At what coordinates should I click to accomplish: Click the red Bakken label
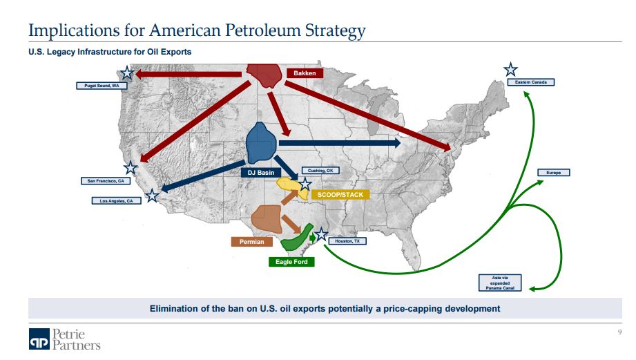pyautogui.click(x=305, y=73)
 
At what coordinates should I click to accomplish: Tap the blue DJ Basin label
pyautogui.click(x=261, y=173)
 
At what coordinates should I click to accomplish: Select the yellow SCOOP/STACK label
pyautogui.click(x=340, y=195)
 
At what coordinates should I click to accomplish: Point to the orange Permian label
pyautogui.click(x=251, y=242)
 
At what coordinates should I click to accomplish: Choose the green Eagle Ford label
pyautogui.click(x=291, y=262)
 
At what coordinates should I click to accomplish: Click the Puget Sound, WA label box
pyautogui.click(x=102, y=86)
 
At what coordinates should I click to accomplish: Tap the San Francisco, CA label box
pyautogui.click(x=106, y=180)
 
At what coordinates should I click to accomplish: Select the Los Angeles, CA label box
pyautogui.click(x=117, y=200)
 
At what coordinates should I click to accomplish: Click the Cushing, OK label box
pyautogui.click(x=320, y=171)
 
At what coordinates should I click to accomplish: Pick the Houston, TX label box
pyautogui.click(x=347, y=241)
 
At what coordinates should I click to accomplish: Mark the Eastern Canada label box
pyautogui.click(x=531, y=82)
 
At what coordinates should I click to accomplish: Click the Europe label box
pyautogui.click(x=554, y=173)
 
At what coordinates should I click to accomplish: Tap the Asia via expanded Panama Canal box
pyautogui.click(x=500, y=283)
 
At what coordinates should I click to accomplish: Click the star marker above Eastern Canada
pyautogui.click(x=511, y=70)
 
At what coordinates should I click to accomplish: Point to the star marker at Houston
pyautogui.click(x=321, y=234)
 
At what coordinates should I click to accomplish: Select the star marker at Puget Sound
pyautogui.click(x=127, y=73)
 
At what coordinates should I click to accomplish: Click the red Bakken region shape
pyautogui.click(x=264, y=75)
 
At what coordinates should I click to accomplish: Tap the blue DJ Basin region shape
pyautogui.click(x=261, y=143)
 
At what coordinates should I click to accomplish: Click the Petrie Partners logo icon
pyautogui.click(x=39, y=339)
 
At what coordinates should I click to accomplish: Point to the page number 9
pyautogui.click(x=619, y=332)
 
